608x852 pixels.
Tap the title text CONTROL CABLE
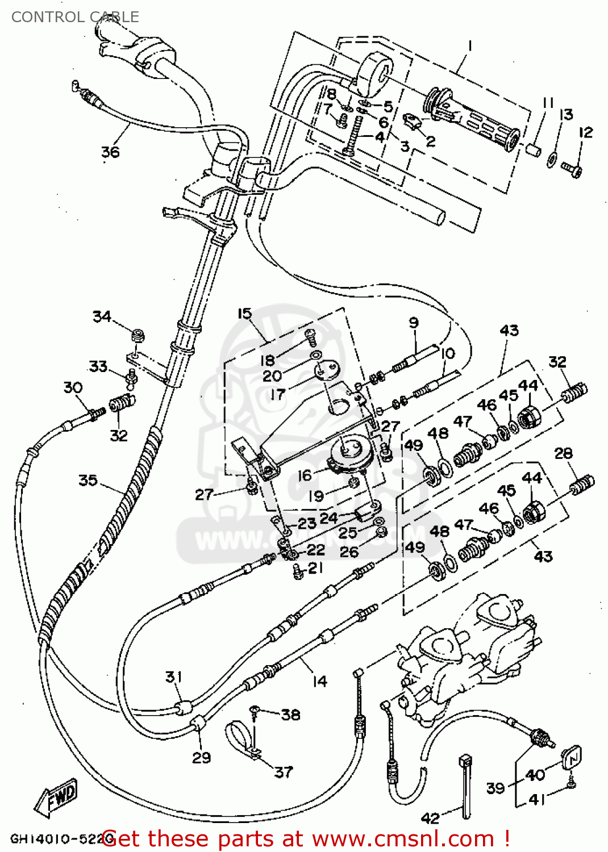75,17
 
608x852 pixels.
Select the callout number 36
110,152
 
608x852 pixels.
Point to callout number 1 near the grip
470,45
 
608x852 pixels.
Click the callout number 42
430,818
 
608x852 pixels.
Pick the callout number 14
320,681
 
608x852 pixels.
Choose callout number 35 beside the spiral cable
88,481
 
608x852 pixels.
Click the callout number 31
174,677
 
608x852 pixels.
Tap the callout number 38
291,715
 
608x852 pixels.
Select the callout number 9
414,323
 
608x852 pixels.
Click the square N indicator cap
572,757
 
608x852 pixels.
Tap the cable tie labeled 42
465,787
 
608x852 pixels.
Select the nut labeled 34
137,335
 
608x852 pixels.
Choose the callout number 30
73,388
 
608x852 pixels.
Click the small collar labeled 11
532,150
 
